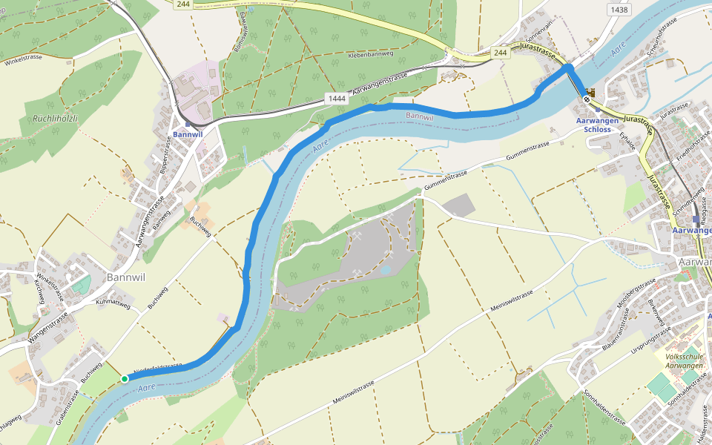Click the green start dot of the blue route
(125, 379)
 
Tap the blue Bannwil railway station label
(188, 134)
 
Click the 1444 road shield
(337, 98)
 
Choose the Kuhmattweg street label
(114, 304)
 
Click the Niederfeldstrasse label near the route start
(157, 368)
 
